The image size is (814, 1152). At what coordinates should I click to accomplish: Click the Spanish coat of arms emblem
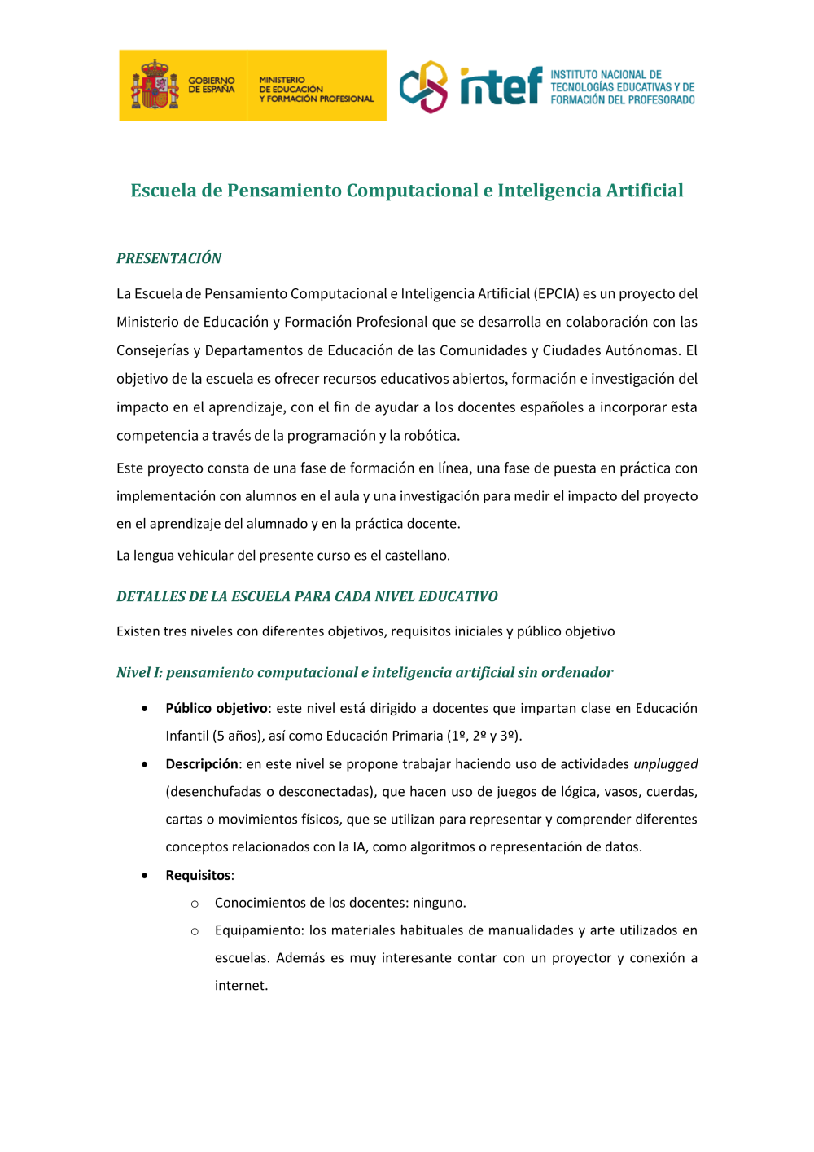(x=154, y=85)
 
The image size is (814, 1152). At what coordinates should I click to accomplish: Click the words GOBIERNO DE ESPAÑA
(x=211, y=85)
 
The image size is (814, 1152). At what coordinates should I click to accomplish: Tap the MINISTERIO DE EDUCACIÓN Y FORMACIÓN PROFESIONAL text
(x=316, y=90)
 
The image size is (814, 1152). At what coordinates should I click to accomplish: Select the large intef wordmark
(x=501, y=86)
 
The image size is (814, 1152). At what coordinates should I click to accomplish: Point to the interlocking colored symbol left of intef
(x=423, y=86)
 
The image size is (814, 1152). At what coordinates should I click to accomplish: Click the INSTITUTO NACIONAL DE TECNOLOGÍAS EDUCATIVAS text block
(x=622, y=87)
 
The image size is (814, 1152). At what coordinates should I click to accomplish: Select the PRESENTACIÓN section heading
(x=168, y=258)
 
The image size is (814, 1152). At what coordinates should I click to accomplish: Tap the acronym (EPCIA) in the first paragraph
(x=557, y=293)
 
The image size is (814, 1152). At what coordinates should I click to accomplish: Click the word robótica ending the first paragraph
(x=431, y=436)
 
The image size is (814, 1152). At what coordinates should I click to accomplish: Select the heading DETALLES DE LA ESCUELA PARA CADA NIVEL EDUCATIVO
(x=307, y=596)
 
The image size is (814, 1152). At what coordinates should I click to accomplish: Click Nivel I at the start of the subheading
(x=139, y=672)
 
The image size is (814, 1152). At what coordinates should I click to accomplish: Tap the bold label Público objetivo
(x=217, y=708)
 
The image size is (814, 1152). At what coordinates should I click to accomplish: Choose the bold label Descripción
(x=202, y=764)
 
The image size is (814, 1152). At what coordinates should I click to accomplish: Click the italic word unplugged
(x=665, y=764)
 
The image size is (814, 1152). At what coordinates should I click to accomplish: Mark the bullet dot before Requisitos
(x=145, y=876)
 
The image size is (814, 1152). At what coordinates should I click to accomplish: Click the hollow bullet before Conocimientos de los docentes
(x=195, y=904)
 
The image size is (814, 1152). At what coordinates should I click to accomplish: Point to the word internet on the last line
(x=240, y=986)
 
